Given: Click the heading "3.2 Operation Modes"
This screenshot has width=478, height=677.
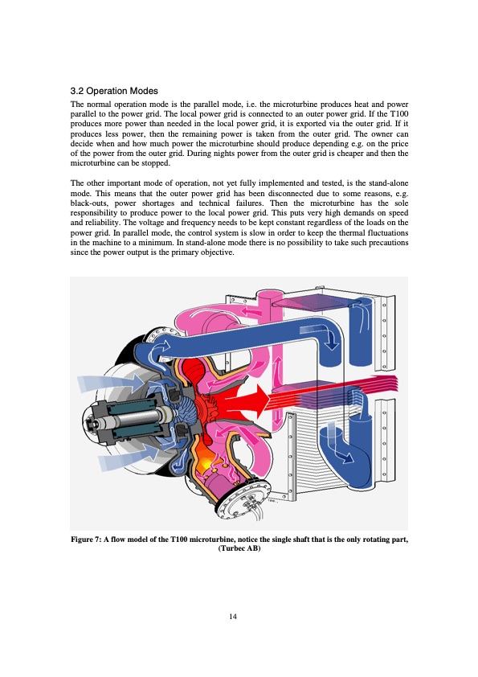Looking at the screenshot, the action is tap(114, 91).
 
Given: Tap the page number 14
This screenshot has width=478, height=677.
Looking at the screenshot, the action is tap(233, 616).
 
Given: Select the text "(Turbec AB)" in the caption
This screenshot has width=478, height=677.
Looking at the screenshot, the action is tap(239, 548).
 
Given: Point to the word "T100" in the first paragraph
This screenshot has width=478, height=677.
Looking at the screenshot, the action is tap(399, 114).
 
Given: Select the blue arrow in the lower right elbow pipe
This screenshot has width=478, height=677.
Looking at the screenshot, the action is tap(340, 445).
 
